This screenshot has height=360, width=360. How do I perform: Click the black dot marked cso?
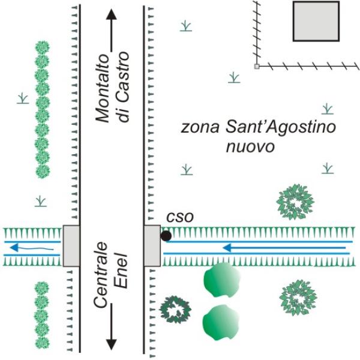pos(166,236)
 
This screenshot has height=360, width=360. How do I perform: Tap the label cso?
pos(180,217)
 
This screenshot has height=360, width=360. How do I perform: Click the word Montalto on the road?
pos(103,88)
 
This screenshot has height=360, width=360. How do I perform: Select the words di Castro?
pos(122,86)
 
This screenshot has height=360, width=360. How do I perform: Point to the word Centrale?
pos(101,275)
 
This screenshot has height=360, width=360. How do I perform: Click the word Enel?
pos(121,271)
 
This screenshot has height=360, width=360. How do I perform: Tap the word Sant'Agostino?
pos(281,127)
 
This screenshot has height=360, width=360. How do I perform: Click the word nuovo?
pos(250,147)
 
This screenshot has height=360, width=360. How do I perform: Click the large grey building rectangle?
pos(316,21)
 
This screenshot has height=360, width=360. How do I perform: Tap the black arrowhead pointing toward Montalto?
pos(112,14)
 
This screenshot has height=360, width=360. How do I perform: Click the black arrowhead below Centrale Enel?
pos(112,344)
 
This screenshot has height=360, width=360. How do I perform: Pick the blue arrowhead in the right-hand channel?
pos(227,248)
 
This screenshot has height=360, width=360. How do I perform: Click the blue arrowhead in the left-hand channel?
pos(14,247)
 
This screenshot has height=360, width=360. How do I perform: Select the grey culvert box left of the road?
pos(71,246)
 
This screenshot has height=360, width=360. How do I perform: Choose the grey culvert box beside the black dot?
pos(152,246)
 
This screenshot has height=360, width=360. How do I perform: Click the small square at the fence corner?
pos(257,67)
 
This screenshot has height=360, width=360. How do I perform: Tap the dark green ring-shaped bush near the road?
pos(175,310)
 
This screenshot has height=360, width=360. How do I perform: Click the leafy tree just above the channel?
pos(295,202)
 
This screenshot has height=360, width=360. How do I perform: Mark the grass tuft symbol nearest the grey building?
pos(234,77)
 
